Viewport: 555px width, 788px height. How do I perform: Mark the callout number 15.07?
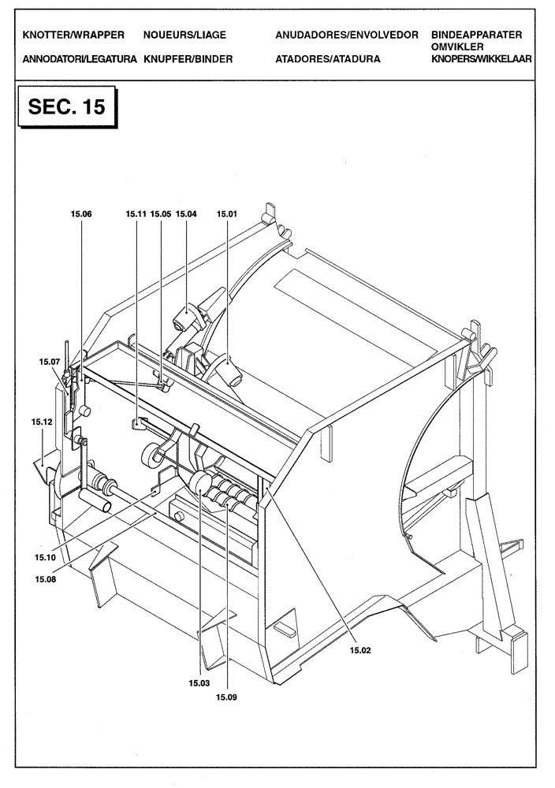click(x=49, y=362)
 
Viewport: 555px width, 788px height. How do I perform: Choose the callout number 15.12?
click(x=42, y=422)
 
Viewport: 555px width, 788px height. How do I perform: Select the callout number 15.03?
click(x=199, y=683)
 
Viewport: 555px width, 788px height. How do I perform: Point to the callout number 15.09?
click(x=226, y=696)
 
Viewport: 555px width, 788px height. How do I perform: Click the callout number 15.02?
click(x=361, y=650)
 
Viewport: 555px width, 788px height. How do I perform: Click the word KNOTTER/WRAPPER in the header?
click(x=74, y=36)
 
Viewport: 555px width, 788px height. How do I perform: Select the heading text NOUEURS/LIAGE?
click(x=184, y=36)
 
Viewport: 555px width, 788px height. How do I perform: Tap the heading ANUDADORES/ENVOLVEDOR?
click(x=346, y=36)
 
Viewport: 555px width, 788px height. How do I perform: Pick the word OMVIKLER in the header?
click(x=458, y=47)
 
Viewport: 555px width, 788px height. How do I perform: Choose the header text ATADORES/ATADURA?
click(x=328, y=59)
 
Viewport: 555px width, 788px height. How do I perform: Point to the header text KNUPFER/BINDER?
click(x=188, y=59)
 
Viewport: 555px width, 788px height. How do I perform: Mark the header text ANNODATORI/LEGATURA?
click(x=80, y=59)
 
